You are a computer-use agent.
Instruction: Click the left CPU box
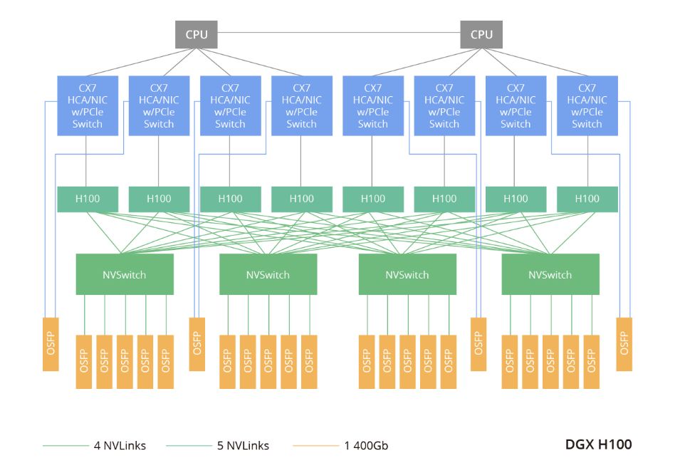(196, 34)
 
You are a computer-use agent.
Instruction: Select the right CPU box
(481, 34)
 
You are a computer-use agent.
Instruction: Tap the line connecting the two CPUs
(338, 33)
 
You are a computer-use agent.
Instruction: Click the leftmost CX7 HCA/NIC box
(88, 105)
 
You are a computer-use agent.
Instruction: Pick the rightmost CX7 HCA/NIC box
(587, 105)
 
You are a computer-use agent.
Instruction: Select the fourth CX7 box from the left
(301, 105)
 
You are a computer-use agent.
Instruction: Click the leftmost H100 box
(88, 199)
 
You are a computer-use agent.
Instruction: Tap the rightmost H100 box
(587, 199)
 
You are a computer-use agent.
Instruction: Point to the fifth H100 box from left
(373, 199)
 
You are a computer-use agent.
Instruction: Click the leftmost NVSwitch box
(125, 274)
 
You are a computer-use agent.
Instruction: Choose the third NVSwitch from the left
(407, 274)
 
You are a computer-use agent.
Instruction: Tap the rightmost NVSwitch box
(550, 274)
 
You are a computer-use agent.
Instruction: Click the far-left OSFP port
(51, 343)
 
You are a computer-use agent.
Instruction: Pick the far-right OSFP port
(624, 343)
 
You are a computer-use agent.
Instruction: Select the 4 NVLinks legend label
(120, 446)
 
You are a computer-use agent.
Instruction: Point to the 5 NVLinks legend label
(244, 446)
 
